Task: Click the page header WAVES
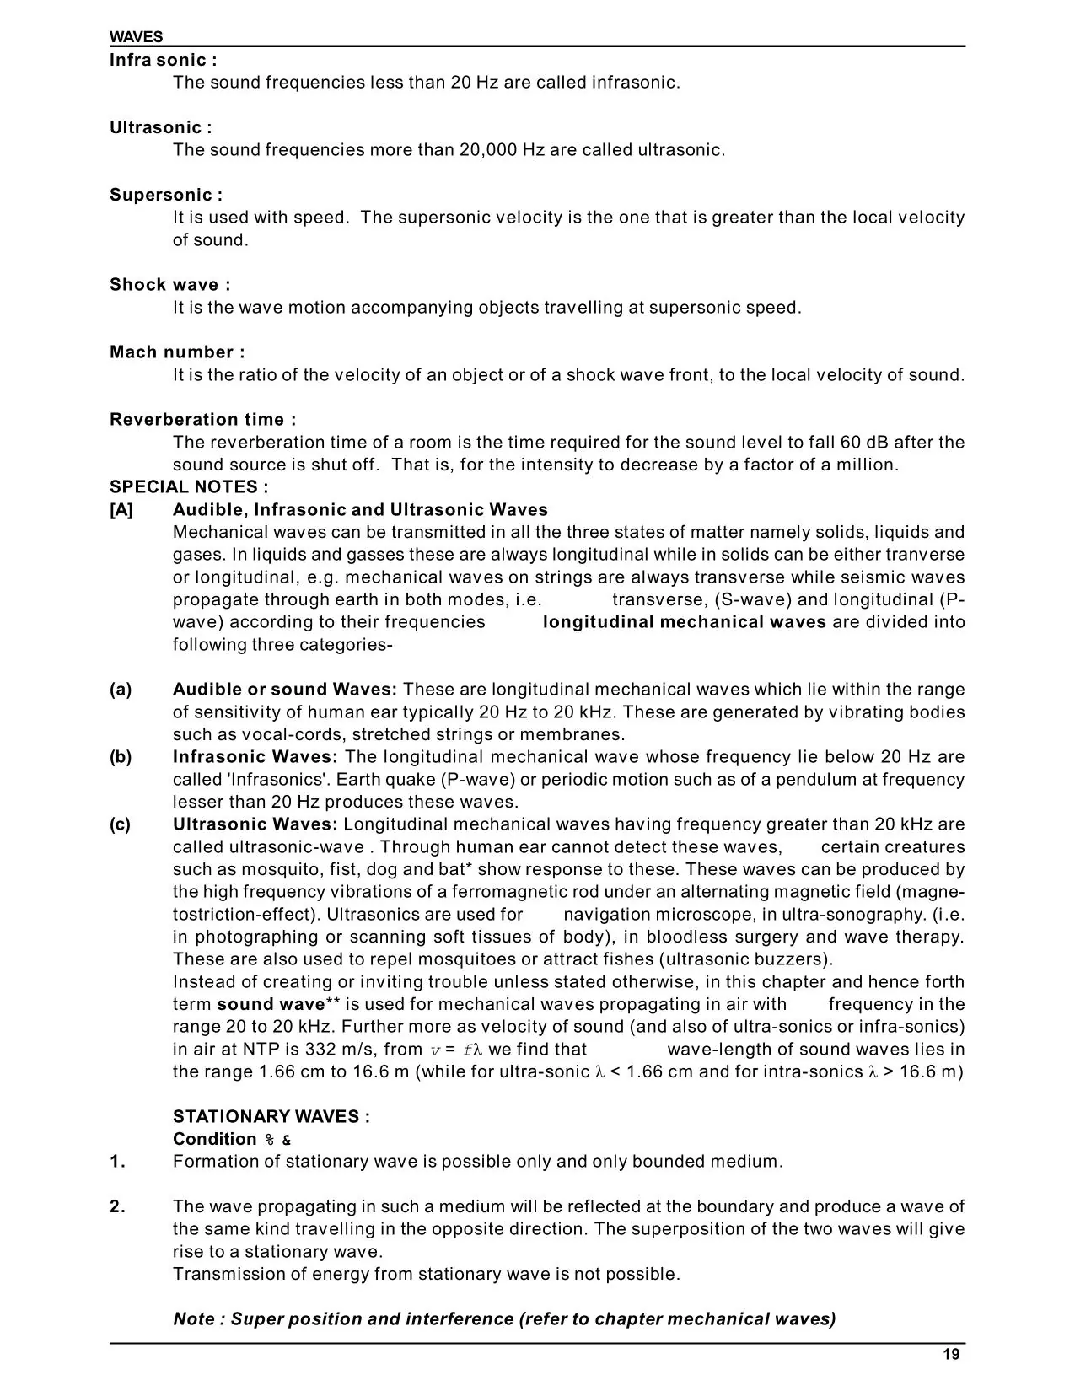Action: tap(136, 37)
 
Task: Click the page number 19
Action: tap(951, 1355)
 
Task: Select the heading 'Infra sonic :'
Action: tap(163, 60)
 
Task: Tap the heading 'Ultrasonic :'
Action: tap(160, 127)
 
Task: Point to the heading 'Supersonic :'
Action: tap(166, 195)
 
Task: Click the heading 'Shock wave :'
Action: tap(169, 284)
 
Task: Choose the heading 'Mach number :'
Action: tap(177, 352)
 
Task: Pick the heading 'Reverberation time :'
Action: tap(202, 419)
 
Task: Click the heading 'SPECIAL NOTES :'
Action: tap(189, 486)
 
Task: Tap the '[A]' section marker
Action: tap(121, 509)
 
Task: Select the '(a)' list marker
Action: tap(121, 690)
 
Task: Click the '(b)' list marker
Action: tap(121, 757)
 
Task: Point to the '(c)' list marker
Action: tap(121, 824)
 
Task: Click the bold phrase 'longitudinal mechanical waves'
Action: tap(684, 622)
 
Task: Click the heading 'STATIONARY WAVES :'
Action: tap(271, 1116)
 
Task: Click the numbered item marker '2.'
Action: tap(118, 1206)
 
